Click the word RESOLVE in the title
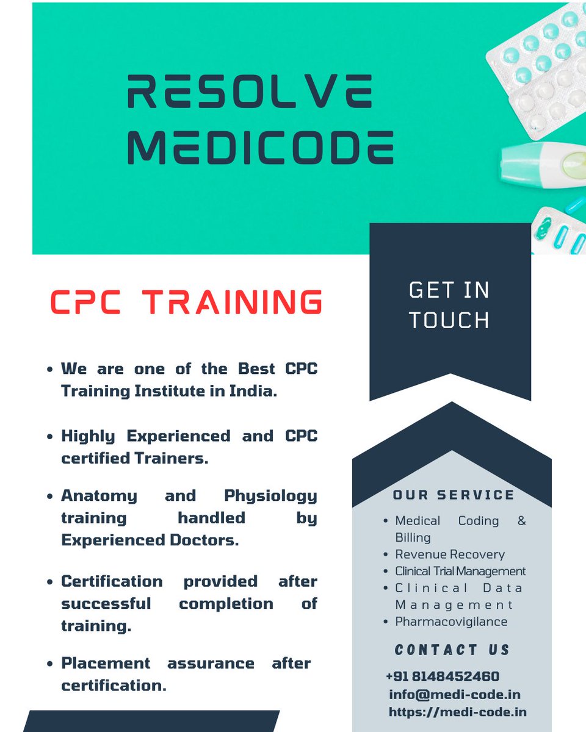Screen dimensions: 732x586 point(249,92)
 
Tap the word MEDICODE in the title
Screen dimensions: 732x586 point(260,148)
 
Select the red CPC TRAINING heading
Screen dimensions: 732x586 point(186,302)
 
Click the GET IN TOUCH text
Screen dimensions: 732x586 point(449,304)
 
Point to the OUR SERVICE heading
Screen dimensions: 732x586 point(454,495)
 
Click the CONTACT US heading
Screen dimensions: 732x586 point(452,650)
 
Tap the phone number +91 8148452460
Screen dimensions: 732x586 point(443,676)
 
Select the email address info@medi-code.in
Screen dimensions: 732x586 point(455,694)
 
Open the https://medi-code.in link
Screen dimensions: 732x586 point(457,712)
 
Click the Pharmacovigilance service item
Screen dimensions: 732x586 point(451,622)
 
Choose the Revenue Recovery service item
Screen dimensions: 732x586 point(450,554)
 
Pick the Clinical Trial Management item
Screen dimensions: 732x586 point(460,572)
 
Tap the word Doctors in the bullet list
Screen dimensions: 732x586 point(206,540)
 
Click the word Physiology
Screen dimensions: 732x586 point(270,496)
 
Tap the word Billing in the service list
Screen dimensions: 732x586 point(413,537)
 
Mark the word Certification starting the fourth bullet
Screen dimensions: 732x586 point(112,581)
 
